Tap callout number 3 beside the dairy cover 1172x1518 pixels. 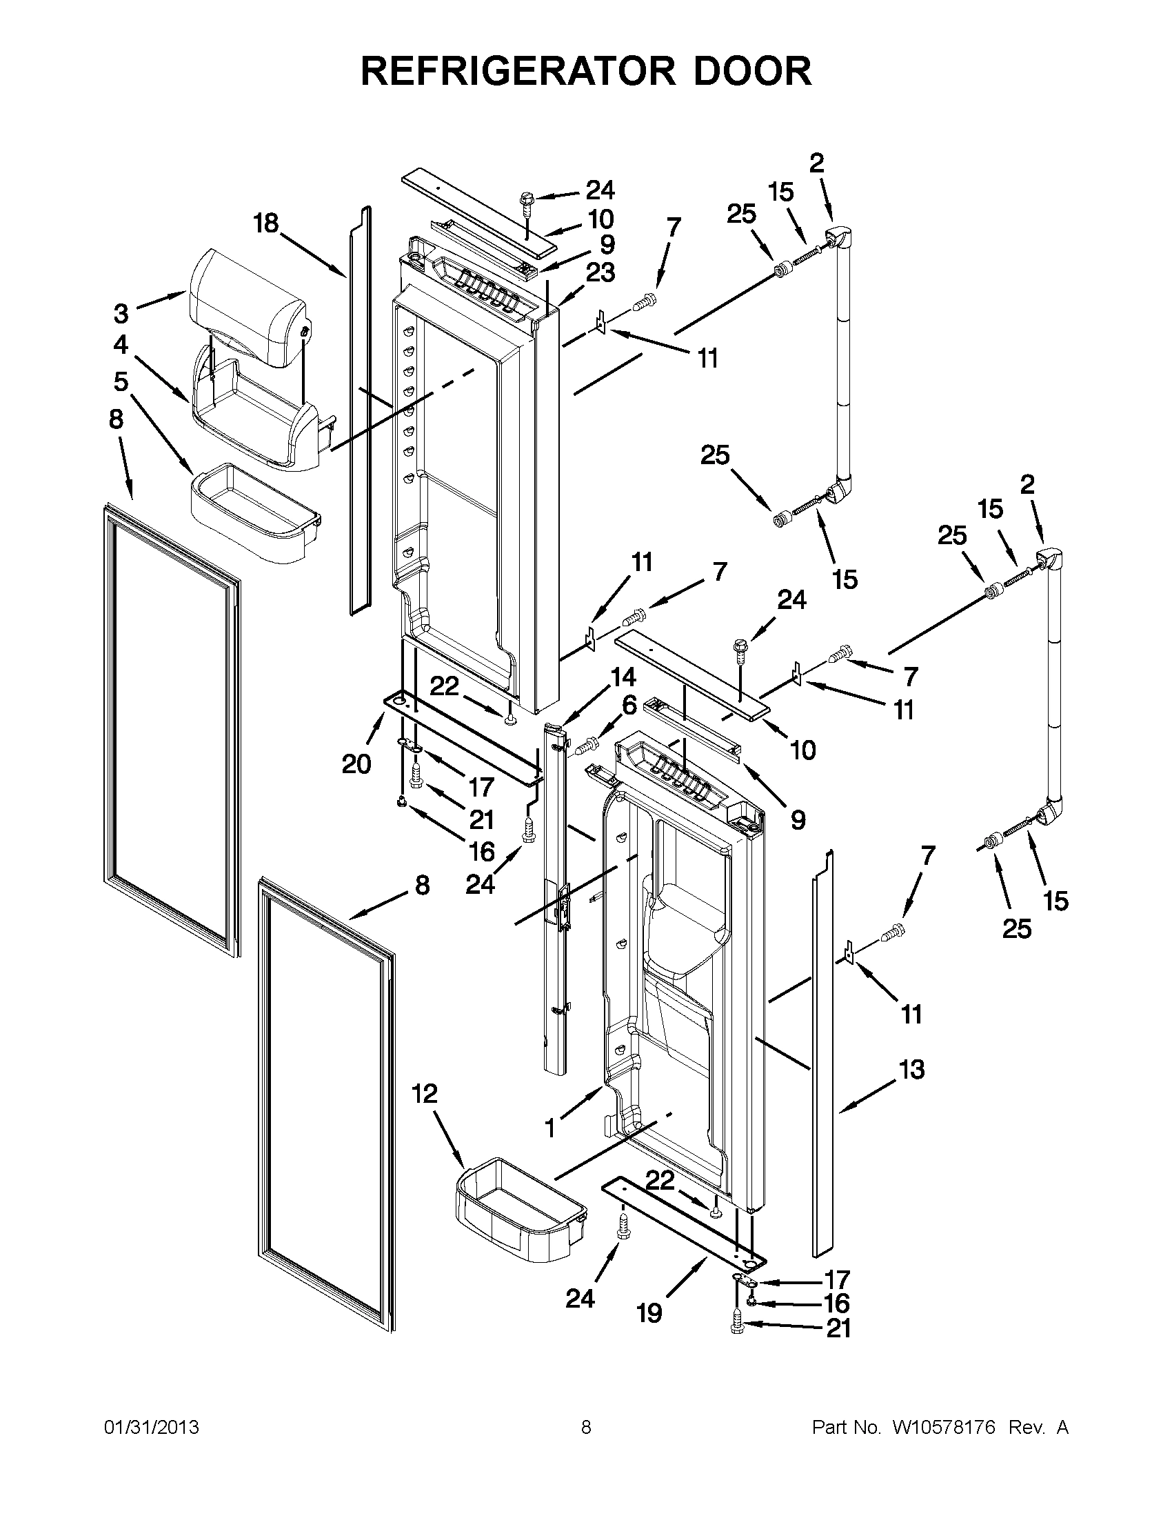click(121, 314)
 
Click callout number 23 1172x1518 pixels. click(600, 272)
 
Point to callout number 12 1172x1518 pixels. click(425, 1093)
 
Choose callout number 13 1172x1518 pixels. click(911, 1069)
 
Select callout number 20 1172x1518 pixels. click(356, 764)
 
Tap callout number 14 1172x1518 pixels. click(623, 676)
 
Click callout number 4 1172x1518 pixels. click(121, 344)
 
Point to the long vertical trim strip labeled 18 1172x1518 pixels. click(360, 410)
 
